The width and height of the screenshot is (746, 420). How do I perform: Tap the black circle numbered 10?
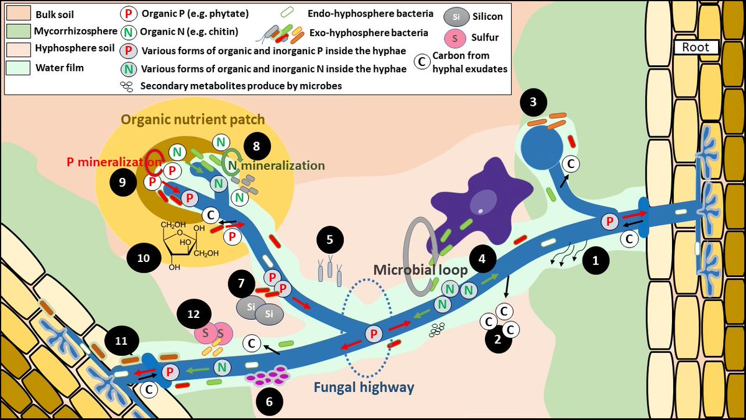(x=143, y=257)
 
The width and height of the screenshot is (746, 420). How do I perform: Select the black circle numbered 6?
(x=269, y=401)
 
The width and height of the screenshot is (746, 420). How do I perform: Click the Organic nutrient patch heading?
(x=193, y=119)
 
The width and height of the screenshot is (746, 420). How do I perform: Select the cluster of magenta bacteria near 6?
(x=268, y=376)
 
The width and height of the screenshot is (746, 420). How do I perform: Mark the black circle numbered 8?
(x=255, y=147)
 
